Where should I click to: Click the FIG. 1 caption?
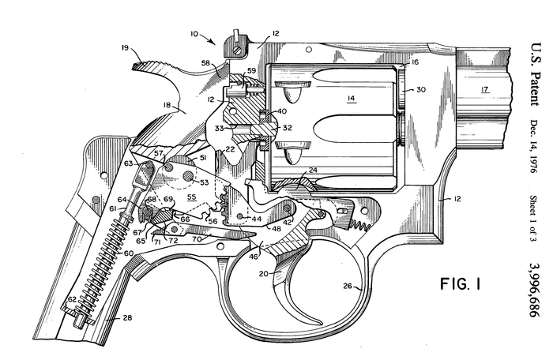click(x=461, y=283)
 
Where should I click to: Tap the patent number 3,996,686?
click(x=536, y=290)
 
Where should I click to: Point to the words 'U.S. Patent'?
click(x=536, y=74)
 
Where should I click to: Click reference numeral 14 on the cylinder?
click(x=352, y=98)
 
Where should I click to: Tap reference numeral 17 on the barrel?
click(x=485, y=89)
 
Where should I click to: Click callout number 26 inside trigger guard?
click(x=348, y=286)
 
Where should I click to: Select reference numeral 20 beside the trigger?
click(x=263, y=274)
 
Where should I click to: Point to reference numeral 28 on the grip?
click(x=127, y=317)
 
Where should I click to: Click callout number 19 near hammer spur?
click(x=125, y=47)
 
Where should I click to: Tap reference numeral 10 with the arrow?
click(x=194, y=34)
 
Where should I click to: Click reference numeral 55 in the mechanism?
click(x=191, y=197)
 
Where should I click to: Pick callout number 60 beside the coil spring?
click(x=128, y=253)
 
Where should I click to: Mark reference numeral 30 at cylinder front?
click(x=421, y=89)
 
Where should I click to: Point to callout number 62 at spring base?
click(x=72, y=299)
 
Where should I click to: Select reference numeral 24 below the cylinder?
click(x=313, y=170)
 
